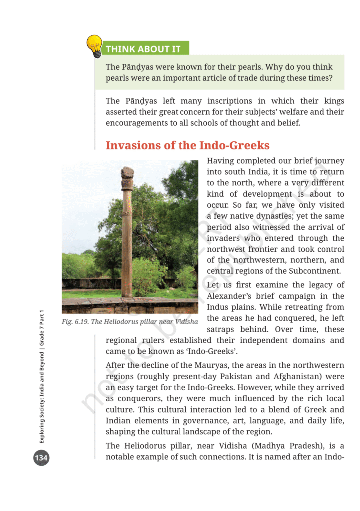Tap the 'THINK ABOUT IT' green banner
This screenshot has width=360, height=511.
(x=142, y=49)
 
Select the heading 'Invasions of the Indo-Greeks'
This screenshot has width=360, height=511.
(x=187, y=145)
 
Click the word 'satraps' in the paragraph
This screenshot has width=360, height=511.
(x=220, y=329)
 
